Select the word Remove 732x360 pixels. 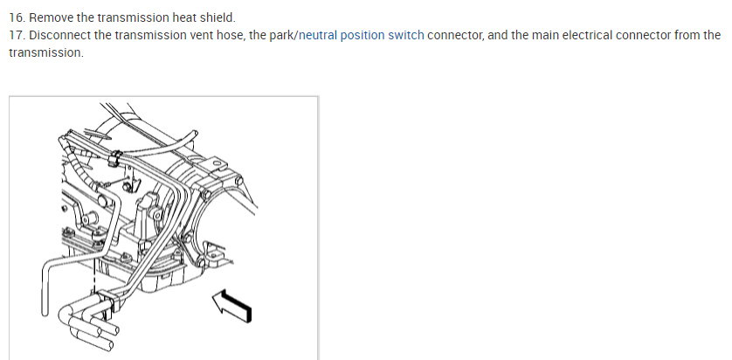[52, 17]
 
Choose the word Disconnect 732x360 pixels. [59, 35]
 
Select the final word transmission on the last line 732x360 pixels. [45, 52]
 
